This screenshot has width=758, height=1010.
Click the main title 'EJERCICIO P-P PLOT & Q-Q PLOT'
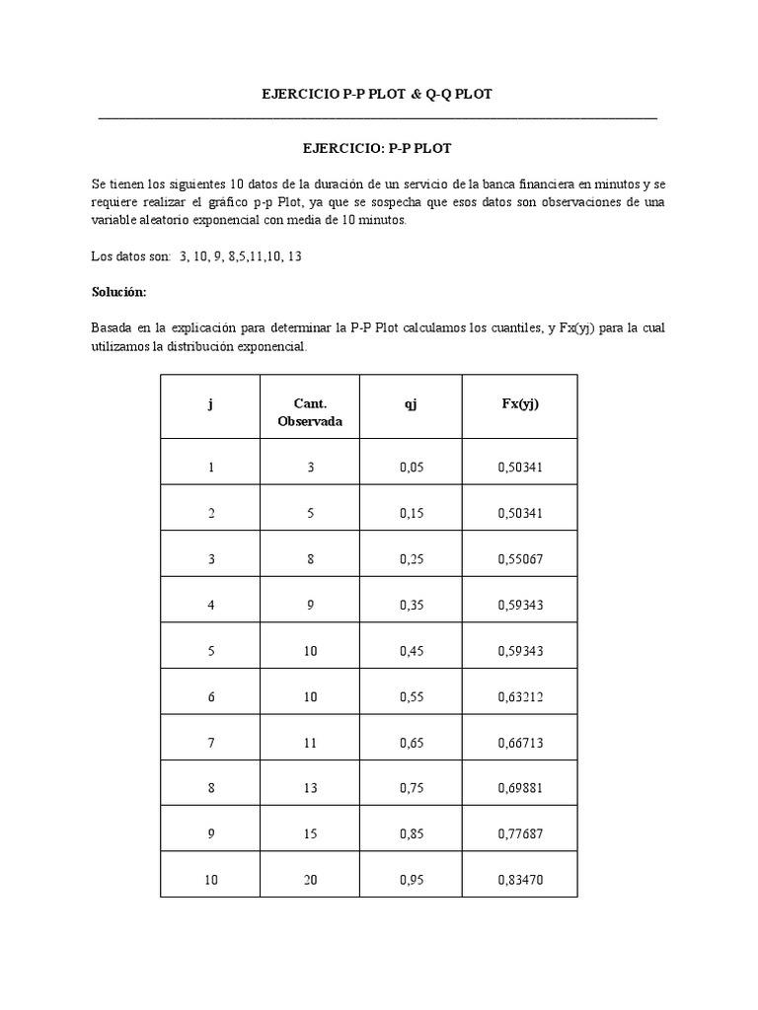377,94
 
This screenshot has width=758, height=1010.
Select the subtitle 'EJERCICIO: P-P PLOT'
377,148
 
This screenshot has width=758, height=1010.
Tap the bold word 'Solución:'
118,292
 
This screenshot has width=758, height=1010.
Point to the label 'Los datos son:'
130,256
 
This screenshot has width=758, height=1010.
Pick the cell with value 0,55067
520,558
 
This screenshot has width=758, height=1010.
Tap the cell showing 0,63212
520,697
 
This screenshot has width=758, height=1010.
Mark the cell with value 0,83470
520,881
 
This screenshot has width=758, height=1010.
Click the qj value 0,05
411,467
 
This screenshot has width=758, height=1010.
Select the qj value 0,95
411,881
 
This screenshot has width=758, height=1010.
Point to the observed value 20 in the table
310,881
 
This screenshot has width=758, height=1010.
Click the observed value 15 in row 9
310,834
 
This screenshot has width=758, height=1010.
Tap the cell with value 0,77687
520,834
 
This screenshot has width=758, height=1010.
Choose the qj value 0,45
411,651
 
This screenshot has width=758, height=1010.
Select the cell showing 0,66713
520,743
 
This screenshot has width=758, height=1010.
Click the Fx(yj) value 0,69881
520,789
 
